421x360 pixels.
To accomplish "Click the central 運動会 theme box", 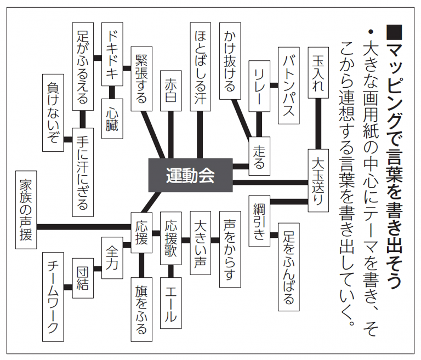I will pyautogui.click(x=190, y=176).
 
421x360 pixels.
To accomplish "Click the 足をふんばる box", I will pyautogui.click(x=289, y=267).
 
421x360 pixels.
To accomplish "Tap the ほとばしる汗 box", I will pyautogui.click(x=200, y=61).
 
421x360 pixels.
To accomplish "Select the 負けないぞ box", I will pyautogui.click(x=53, y=112).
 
